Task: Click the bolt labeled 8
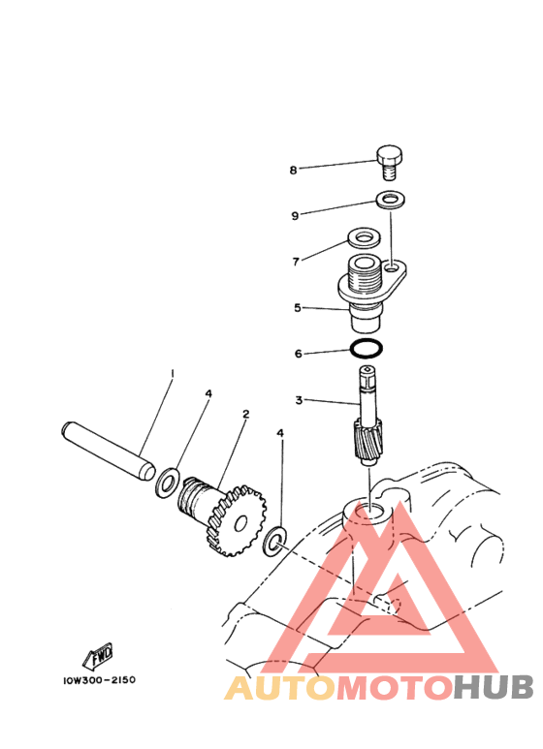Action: tap(389, 163)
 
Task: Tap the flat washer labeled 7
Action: tap(364, 237)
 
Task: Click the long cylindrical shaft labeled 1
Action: tap(109, 451)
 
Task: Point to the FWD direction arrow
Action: tap(98, 656)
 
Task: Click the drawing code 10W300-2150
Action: tap(100, 680)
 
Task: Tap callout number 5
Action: tap(298, 307)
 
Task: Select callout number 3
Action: tap(299, 400)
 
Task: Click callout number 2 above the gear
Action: tap(245, 414)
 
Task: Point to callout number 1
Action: tap(173, 372)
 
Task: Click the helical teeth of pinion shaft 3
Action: tap(367, 437)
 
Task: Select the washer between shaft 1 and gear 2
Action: tap(167, 483)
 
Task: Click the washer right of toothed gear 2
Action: tap(274, 542)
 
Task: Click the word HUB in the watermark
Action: tap(494, 687)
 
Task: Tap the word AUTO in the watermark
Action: tap(280, 687)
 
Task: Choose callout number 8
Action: tap(293, 171)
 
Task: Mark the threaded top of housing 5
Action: tap(364, 276)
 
